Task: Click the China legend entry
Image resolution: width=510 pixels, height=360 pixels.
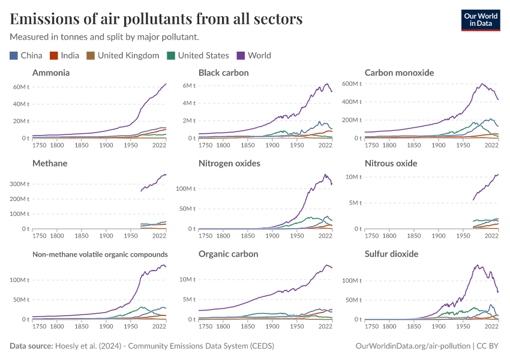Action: [x=26, y=55]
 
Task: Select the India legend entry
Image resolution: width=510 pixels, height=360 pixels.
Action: [x=65, y=55]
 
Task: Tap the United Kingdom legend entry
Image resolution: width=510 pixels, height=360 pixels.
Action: [x=123, y=55]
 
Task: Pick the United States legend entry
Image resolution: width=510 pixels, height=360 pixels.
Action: [x=198, y=55]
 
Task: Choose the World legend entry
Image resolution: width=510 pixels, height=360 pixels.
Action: [x=254, y=55]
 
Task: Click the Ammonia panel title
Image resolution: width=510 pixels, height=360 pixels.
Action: [x=51, y=73]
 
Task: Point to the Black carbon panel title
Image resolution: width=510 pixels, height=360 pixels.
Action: [x=224, y=73]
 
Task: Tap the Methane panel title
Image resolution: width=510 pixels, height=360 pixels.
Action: [x=50, y=163]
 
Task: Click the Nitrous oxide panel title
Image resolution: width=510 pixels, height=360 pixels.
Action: [x=391, y=163]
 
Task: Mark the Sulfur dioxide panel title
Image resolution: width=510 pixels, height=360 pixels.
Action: [x=391, y=254]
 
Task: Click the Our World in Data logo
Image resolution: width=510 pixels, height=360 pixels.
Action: [x=480, y=19]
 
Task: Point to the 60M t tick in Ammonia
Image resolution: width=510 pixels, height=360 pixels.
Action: [x=22, y=87]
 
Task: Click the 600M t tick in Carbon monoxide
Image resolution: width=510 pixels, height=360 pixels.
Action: [x=353, y=83]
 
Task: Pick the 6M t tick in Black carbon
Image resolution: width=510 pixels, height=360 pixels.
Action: [x=189, y=85]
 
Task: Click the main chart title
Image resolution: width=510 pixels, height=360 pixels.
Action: [x=156, y=19]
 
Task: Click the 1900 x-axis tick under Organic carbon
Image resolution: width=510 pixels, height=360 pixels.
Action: [x=272, y=326]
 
